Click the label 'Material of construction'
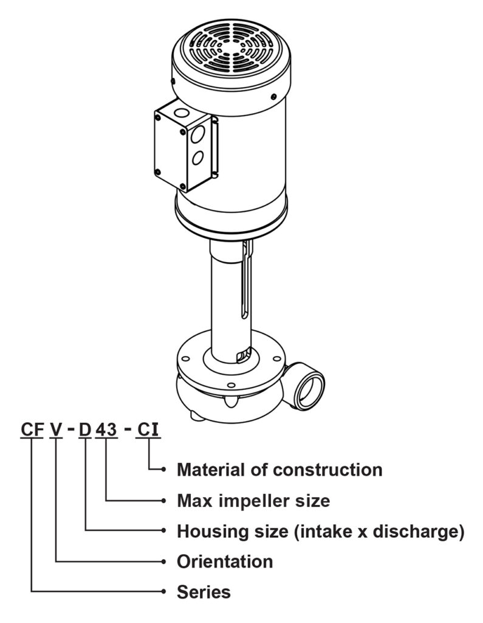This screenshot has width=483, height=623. coord(279,470)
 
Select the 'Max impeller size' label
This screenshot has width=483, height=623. coord(253,501)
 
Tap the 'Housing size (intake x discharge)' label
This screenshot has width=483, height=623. coord(320,531)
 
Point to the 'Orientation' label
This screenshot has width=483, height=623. coord(224,561)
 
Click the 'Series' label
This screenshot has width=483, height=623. coord(204,591)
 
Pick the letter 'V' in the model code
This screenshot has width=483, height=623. coord(56,430)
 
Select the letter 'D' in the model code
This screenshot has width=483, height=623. coord(85,430)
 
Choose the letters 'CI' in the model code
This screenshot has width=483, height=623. coord(148,430)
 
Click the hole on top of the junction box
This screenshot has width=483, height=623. coord(180,113)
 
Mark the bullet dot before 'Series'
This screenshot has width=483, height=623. coord(165,591)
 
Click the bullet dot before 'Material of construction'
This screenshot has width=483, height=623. coord(165,470)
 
